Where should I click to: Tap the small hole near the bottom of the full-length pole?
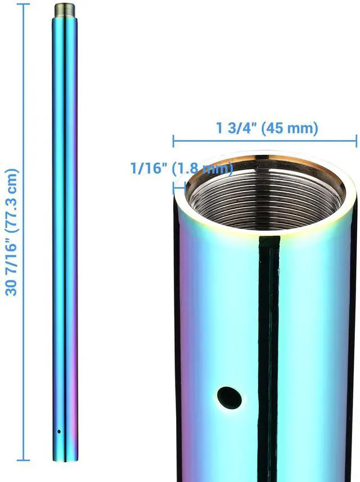(x=58, y=431)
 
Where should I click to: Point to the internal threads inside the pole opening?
(x=264, y=194)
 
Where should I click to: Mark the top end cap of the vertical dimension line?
(x=23, y=4)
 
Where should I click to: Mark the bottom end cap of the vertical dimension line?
(x=23, y=461)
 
